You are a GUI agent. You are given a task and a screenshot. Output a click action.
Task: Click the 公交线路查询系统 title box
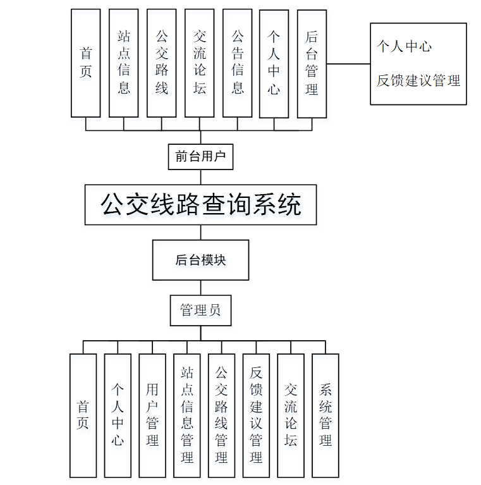tap(200, 205)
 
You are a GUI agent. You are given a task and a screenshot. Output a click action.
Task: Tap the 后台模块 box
tap(200, 260)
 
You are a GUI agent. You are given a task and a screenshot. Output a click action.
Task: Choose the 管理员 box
tap(200, 310)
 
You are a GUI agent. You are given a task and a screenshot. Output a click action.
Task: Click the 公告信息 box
tap(237, 63)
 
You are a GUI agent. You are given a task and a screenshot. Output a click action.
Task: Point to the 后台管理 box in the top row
tap(312, 63)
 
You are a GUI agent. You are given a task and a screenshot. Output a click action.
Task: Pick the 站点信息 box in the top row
tap(123, 63)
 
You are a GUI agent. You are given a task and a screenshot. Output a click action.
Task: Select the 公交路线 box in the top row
tap(161, 63)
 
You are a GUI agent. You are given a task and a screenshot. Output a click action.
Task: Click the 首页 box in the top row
tap(85, 63)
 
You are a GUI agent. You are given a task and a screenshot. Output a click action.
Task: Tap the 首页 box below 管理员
tap(83, 415)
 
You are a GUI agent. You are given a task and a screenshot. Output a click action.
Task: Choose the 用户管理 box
tap(152, 415)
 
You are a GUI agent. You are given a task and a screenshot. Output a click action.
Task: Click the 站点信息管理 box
tap(187, 415)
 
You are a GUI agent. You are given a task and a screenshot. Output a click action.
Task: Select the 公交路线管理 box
tap(221, 415)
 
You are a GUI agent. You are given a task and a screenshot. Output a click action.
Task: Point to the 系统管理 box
tap(325, 415)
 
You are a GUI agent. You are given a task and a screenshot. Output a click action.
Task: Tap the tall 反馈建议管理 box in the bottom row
tap(256, 415)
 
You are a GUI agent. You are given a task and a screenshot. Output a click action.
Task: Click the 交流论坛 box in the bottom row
tap(291, 415)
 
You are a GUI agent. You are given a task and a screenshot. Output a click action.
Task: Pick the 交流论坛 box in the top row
tap(199, 63)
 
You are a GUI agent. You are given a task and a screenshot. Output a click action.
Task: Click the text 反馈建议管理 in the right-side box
tap(418, 81)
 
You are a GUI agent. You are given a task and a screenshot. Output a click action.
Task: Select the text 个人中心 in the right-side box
tap(405, 47)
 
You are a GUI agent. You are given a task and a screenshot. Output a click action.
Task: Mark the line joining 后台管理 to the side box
tap(348, 64)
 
